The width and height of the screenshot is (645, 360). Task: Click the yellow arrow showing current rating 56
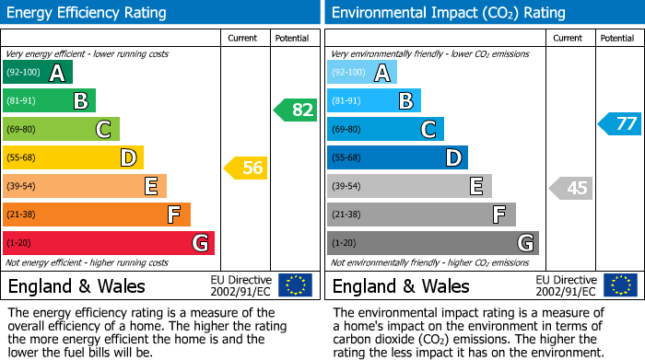click(x=245, y=168)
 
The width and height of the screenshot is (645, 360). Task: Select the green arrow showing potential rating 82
click(x=295, y=110)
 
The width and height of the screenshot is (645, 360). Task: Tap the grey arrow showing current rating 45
click(x=569, y=188)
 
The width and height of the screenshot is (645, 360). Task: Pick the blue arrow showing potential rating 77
click(x=619, y=123)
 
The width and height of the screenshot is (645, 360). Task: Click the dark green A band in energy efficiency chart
click(x=38, y=73)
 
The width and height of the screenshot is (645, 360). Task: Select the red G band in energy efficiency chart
click(x=109, y=243)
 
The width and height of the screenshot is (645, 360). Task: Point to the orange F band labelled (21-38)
click(x=97, y=215)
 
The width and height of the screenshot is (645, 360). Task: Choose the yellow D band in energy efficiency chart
click(x=73, y=157)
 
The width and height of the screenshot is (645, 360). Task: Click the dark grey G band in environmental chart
click(x=432, y=243)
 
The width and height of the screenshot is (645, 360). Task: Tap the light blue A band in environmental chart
click(x=362, y=73)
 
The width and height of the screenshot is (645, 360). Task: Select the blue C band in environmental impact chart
click(x=385, y=129)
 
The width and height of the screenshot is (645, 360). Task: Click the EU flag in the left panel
click(x=295, y=285)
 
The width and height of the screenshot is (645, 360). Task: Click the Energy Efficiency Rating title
click(x=88, y=13)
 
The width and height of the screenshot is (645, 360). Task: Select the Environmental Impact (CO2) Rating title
click(x=448, y=13)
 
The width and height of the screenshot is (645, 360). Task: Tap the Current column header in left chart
click(x=242, y=38)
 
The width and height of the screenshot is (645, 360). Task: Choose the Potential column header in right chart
click(x=616, y=38)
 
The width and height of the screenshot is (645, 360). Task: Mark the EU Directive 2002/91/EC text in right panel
click(x=566, y=285)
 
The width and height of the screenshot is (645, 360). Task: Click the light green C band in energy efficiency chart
click(x=61, y=129)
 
